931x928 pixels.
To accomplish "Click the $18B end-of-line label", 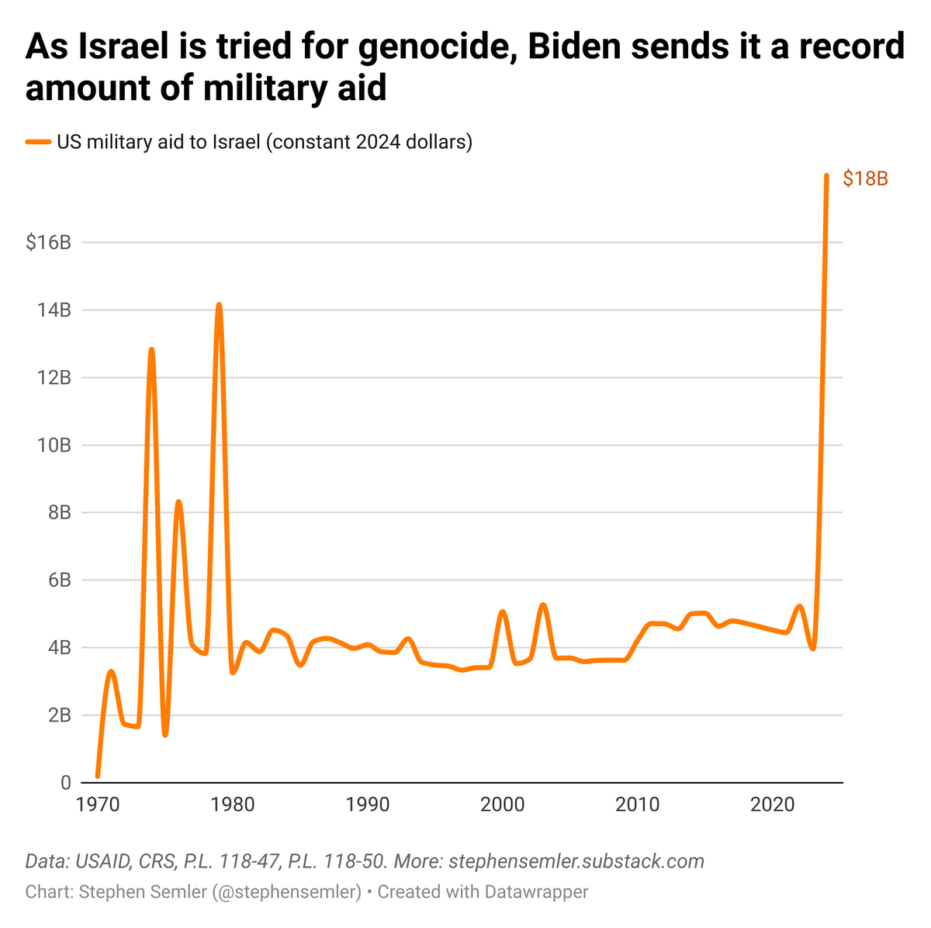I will [x=865, y=179].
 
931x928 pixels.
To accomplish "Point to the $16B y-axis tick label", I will [x=48, y=243].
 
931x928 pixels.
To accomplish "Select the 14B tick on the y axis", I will [x=54, y=310].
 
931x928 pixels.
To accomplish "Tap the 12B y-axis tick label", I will [x=54, y=378].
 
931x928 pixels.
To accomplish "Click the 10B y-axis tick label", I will [x=54, y=445].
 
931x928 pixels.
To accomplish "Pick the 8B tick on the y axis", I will [x=59, y=513].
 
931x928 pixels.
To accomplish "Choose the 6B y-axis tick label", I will [x=59, y=580].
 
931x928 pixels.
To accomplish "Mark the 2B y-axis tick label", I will [x=59, y=715].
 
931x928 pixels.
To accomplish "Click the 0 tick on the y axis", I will [x=66, y=783].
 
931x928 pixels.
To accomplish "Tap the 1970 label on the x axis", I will [x=97, y=804].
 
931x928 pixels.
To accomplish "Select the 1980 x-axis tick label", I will [x=233, y=804].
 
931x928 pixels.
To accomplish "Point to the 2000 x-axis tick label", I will [x=503, y=804].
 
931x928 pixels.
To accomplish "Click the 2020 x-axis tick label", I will [x=773, y=804].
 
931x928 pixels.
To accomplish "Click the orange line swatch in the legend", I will [x=38, y=143].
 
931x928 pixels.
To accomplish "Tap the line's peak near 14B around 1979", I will [x=219, y=305].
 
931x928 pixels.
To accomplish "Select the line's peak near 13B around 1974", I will [x=151, y=350].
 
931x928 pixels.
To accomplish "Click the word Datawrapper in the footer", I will [x=536, y=892].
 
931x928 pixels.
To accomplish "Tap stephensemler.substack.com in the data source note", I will [x=576, y=860].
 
